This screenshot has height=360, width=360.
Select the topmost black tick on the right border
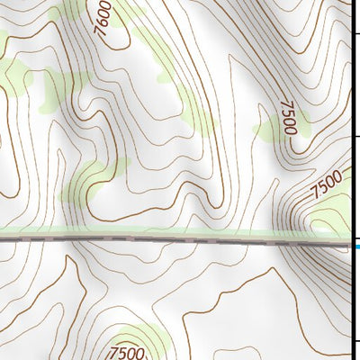355,32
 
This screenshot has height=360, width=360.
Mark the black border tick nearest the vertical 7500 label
355,137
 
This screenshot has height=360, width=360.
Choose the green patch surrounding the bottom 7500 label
144,337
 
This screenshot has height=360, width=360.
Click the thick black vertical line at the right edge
351,180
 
